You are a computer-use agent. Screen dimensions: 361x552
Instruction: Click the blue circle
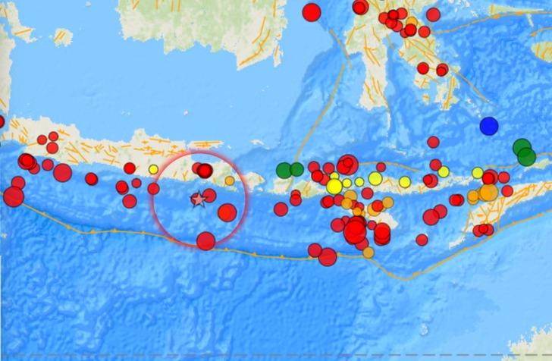pyautogui.click(x=489, y=125)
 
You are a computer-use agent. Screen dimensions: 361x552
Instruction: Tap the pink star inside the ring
pyautogui.click(x=198, y=199)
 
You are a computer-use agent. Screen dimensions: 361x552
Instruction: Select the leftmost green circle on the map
pyautogui.click(x=284, y=170)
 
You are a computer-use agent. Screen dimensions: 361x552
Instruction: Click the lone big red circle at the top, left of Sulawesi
pyautogui.click(x=311, y=11)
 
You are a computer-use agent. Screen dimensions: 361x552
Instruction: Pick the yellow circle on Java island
pyautogui.click(x=153, y=169)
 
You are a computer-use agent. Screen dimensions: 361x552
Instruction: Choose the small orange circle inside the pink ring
pyautogui.click(x=230, y=180)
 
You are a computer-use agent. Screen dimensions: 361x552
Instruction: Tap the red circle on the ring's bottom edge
pyautogui.click(x=205, y=240)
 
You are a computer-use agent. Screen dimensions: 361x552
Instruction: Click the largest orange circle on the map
pyautogui.click(x=488, y=192)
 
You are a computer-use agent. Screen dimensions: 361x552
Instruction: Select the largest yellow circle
pyautogui.click(x=334, y=187)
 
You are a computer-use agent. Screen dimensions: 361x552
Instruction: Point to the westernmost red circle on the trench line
pyautogui.click(x=13, y=196)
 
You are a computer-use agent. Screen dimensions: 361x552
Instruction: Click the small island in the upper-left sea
pyautogui.click(x=64, y=36)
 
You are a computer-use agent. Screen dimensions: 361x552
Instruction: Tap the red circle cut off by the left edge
pyautogui.click(x=1, y=121)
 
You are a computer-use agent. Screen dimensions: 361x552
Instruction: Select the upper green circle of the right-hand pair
pyautogui.click(x=521, y=147)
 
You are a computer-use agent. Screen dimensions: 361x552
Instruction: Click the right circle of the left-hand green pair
pyautogui.click(x=296, y=169)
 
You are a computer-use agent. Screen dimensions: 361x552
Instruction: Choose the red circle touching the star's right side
pyautogui.click(x=209, y=196)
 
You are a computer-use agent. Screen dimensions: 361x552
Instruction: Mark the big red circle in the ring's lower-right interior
pyautogui.click(x=227, y=212)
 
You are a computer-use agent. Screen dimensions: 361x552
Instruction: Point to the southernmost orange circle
pyautogui.click(x=369, y=253)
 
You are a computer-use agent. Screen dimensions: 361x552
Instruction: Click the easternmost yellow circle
pyautogui.click(x=478, y=173)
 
